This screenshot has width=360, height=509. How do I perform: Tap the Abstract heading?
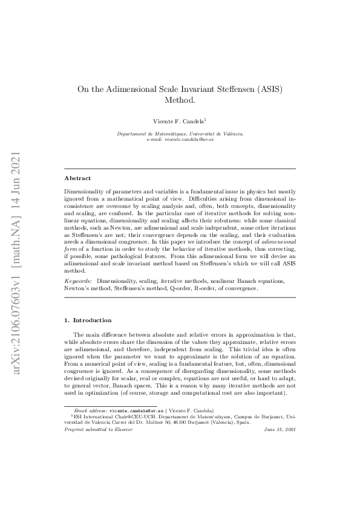coord(77,178)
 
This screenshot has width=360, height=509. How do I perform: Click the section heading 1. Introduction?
coord(88,319)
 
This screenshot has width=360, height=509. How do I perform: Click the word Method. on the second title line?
coord(180,100)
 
